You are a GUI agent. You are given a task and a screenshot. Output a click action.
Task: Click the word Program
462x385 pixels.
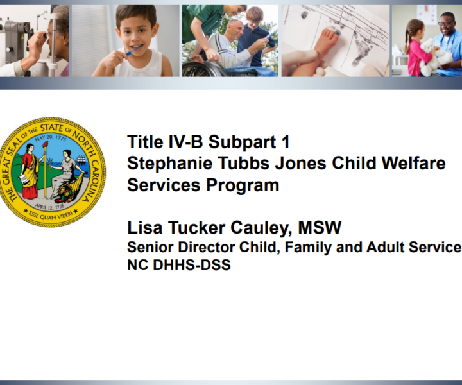(x=242, y=186)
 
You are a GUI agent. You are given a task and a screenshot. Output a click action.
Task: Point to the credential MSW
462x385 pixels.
(x=320, y=228)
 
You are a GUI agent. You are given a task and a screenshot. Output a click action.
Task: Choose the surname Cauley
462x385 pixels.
(x=261, y=228)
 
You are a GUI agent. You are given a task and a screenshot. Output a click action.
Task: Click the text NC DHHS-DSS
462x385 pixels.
(x=179, y=264)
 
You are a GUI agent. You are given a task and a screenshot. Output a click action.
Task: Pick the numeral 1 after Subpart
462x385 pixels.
(x=286, y=142)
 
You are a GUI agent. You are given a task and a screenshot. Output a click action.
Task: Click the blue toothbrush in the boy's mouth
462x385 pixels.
(x=133, y=51)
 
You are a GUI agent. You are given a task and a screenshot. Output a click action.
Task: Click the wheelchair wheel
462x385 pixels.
(x=200, y=69)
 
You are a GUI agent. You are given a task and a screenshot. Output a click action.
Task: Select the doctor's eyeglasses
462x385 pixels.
(x=445, y=23)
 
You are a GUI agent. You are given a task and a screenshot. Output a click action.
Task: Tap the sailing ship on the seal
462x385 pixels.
(x=81, y=161)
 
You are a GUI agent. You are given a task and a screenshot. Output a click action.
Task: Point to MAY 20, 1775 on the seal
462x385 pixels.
(x=51, y=138)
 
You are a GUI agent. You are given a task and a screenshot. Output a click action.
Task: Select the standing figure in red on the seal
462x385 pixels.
(x=30, y=171)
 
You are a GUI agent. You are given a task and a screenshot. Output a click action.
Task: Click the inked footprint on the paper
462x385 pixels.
(x=361, y=49)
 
